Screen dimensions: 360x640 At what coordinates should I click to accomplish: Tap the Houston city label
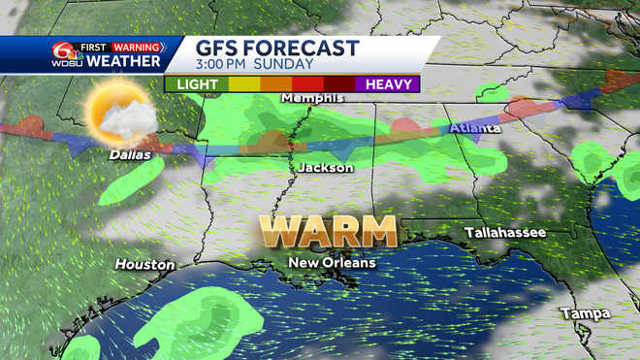(144, 264)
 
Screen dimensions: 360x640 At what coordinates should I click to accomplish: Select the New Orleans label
(333, 262)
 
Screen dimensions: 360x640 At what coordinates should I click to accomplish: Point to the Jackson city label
(325, 168)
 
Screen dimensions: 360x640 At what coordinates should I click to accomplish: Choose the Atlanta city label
(475, 129)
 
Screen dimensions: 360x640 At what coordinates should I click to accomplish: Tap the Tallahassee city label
(504, 233)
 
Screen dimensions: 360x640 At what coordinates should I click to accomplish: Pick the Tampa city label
(586, 313)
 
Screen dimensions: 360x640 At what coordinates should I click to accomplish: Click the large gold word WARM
(328, 232)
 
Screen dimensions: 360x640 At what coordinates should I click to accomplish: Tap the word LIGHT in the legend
(195, 83)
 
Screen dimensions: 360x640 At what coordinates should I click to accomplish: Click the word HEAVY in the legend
(388, 83)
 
